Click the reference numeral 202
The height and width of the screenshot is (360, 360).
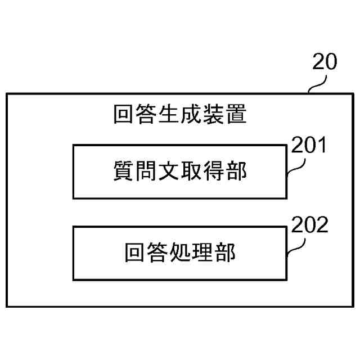tap(309, 226)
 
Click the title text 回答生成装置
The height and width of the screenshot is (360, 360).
tap(180, 115)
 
